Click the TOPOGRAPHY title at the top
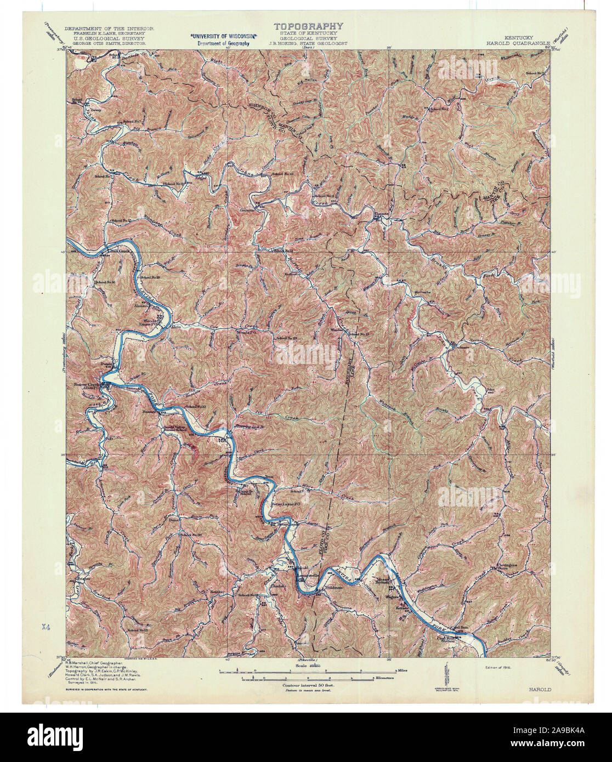(309, 26)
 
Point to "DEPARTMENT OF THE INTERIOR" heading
(109, 28)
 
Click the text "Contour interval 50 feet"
(308, 685)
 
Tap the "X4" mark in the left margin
(46, 625)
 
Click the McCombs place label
(423, 291)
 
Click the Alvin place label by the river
(177, 326)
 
